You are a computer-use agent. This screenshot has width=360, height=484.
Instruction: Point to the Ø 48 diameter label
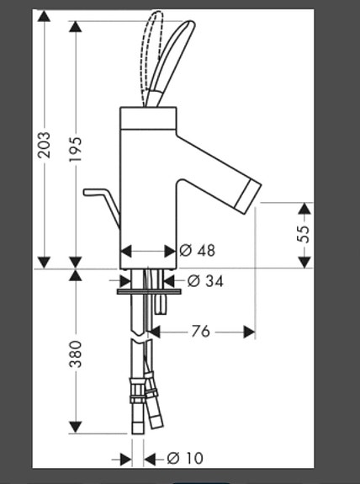[x=198, y=251]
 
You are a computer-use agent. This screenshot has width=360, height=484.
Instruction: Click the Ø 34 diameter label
[x=205, y=281]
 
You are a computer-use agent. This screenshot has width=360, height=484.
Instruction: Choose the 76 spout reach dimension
[x=199, y=332]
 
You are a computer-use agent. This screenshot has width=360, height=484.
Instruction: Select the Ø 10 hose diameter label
[x=185, y=459]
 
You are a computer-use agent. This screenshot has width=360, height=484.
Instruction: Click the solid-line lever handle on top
[x=177, y=59]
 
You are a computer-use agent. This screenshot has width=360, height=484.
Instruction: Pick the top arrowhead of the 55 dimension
[x=304, y=207]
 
